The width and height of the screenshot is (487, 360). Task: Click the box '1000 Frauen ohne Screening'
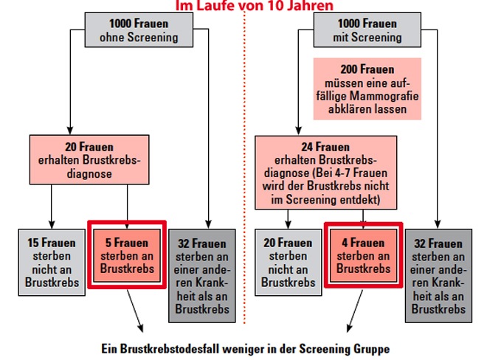[x=139, y=30]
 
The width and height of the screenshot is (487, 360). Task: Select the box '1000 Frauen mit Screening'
[x=367, y=30]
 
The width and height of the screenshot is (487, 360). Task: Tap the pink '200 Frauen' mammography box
[x=367, y=89]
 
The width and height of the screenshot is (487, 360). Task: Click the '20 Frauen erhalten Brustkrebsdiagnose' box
[x=89, y=159]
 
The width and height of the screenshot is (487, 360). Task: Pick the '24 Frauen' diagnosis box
[x=326, y=173]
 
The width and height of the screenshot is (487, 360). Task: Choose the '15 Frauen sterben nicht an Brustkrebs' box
[x=52, y=263]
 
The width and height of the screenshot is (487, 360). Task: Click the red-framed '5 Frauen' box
[x=127, y=255]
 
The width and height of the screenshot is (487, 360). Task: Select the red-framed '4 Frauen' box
[x=363, y=255]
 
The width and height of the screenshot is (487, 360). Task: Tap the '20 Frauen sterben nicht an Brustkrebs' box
[x=289, y=263]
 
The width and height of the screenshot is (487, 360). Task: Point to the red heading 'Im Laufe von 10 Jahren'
[x=255, y=6]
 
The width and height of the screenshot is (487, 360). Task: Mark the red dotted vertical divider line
[x=244, y=167]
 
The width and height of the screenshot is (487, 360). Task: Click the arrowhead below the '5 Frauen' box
[x=141, y=328]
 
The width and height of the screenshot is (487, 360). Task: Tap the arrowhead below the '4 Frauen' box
[x=350, y=328]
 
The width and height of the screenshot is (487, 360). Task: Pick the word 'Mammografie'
[x=384, y=96]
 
